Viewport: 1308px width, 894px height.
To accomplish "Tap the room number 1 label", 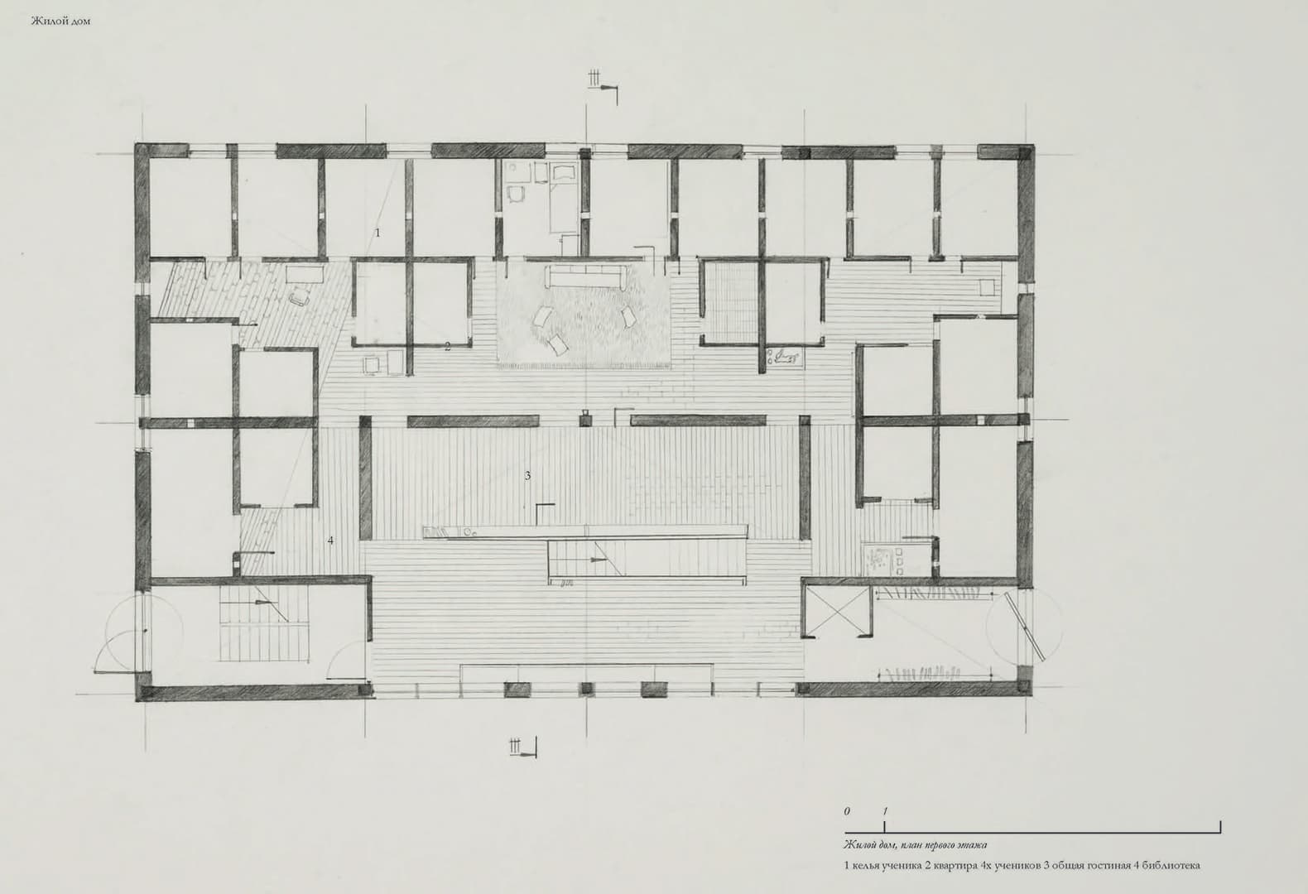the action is (377, 233).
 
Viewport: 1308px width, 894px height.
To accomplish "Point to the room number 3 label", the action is (528, 475).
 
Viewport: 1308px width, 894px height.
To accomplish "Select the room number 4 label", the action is (330, 541).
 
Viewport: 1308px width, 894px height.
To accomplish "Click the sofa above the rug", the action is (585, 276).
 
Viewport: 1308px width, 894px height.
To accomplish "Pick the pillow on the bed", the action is (564, 171).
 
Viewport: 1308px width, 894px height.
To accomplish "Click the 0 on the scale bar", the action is (847, 811).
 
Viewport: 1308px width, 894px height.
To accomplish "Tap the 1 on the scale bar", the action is (885, 811).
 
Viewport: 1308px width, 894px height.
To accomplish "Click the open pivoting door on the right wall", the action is (1025, 626).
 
